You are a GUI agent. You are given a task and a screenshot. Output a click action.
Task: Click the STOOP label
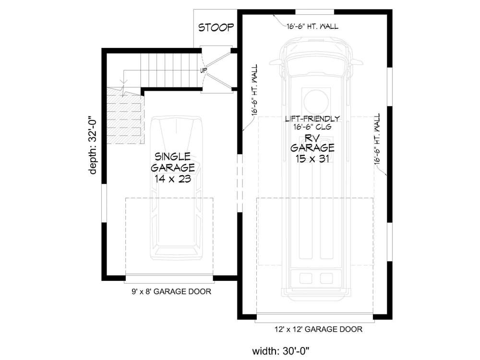(x=216, y=27)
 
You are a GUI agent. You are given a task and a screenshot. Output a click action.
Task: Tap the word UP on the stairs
(x=204, y=71)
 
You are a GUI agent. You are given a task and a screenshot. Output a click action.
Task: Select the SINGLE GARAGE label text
(x=173, y=162)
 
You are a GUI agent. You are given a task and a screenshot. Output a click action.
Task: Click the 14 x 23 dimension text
(x=173, y=179)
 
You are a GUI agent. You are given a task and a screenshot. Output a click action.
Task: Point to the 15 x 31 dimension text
(x=312, y=159)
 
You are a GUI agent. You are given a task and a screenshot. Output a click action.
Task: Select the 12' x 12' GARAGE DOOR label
(x=315, y=329)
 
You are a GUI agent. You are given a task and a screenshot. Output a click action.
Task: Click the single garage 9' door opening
(x=169, y=277)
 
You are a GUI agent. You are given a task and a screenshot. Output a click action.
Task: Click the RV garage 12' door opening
(x=315, y=316)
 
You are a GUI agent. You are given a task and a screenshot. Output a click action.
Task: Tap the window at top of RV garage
(x=314, y=12)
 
